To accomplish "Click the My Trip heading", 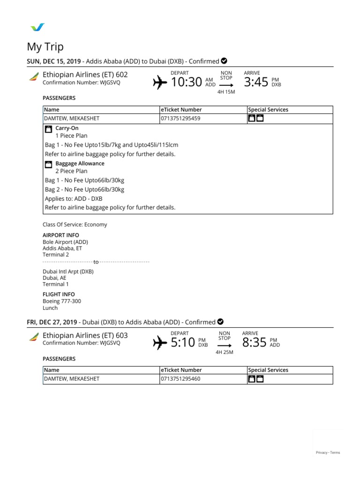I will (x=45, y=47).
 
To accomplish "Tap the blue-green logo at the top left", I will (x=37, y=27).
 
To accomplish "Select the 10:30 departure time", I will (x=186, y=82).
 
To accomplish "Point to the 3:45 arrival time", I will (x=256, y=82).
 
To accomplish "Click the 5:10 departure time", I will (x=182, y=343).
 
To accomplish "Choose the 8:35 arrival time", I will (x=254, y=343).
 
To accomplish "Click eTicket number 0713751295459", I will (x=180, y=119).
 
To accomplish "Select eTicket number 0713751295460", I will (x=180, y=379).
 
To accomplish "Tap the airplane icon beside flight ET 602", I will (x=160, y=83).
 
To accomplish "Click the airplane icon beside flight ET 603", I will (x=160, y=343).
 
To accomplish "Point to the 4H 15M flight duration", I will (x=226, y=92).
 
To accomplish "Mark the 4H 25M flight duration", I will (x=224, y=352).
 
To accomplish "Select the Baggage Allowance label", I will (x=80, y=164).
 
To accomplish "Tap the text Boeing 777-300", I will (x=62, y=301).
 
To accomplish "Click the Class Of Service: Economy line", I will (x=75, y=225).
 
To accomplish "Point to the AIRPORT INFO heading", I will (x=60, y=235).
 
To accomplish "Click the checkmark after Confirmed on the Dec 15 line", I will (x=224, y=61).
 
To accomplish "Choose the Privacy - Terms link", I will (x=328, y=452).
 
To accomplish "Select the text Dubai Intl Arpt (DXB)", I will (x=68, y=271).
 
